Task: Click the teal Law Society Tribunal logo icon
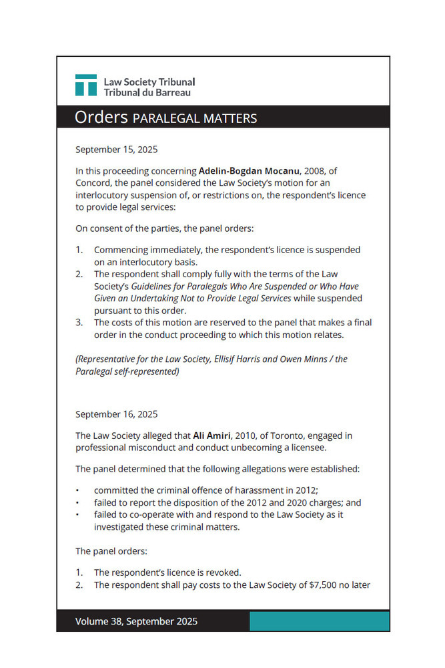[x=85, y=85]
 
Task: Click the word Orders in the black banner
[x=101, y=118]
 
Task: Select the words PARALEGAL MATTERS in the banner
[x=195, y=119]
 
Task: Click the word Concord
[x=94, y=183]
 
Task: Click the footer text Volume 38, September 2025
[x=136, y=621]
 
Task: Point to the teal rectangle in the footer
[x=319, y=621]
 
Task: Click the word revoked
[x=221, y=572]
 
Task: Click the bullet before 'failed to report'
[x=78, y=503]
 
